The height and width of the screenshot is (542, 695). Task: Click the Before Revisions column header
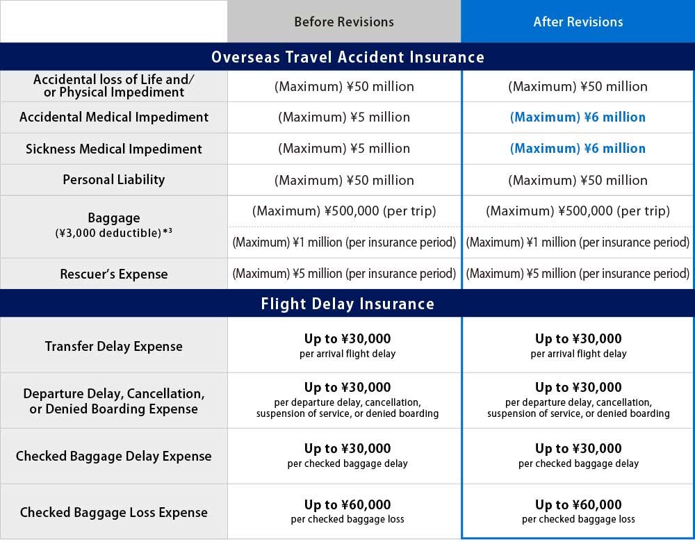(x=343, y=22)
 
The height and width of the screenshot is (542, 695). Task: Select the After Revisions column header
(x=578, y=22)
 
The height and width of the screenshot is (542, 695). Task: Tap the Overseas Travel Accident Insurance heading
(x=347, y=57)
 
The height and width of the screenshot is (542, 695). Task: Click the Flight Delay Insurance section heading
(x=347, y=304)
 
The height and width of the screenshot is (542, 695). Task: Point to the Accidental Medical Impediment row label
(x=114, y=117)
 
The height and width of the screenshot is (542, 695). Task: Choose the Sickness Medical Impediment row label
(x=114, y=149)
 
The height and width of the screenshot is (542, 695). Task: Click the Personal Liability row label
(x=114, y=180)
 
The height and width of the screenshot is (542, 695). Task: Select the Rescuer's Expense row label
(x=114, y=274)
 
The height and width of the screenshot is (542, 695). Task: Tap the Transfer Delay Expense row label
(x=114, y=346)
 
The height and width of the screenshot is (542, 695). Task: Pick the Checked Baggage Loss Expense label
(x=114, y=513)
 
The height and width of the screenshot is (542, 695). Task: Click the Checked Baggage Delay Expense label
(x=114, y=457)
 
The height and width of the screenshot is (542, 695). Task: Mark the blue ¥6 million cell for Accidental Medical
(x=578, y=117)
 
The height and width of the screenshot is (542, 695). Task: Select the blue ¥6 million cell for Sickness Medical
(x=578, y=149)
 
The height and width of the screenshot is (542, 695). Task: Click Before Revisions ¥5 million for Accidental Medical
(x=343, y=117)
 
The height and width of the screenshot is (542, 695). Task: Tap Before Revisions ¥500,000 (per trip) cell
(x=343, y=211)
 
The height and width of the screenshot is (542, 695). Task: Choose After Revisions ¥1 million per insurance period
(x=578, y=243)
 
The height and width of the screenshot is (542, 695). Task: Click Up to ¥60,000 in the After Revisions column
(x=578, y=505)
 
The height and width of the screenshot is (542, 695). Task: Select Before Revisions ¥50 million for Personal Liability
(x=343, y=180)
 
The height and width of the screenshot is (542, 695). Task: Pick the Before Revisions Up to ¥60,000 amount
(x=347, y=505)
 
